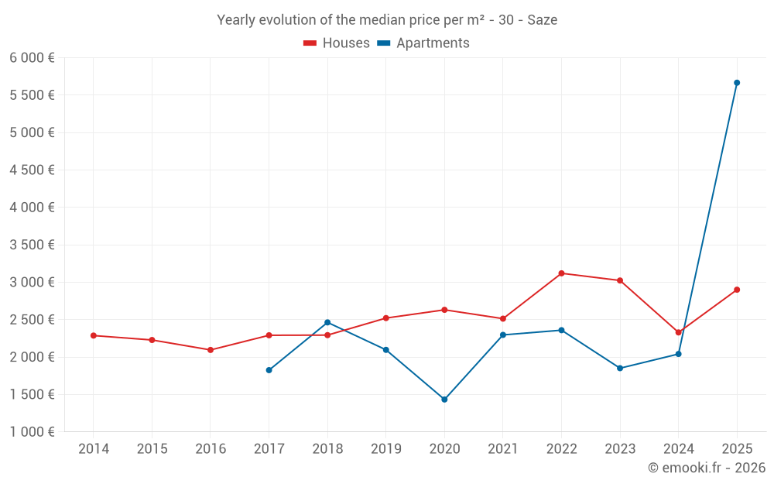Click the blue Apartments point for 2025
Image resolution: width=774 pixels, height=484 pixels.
coord(737,83)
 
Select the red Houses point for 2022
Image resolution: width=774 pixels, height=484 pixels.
coord(561,273)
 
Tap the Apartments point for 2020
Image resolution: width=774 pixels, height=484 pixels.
coord(444,400)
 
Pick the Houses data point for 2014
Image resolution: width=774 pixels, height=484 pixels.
coord(94,335)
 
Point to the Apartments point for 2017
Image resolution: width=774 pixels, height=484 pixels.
coord(269,370)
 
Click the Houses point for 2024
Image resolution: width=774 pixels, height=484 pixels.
coord(678,332)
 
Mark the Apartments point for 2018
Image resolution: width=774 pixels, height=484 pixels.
coord(327,322)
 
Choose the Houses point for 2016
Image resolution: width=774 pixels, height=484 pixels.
coord(211,350)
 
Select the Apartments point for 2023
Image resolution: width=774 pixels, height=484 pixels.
coord(620,368)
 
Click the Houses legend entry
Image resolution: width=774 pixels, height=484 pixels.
coord(337,43)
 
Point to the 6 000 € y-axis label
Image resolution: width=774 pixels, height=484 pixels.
coord(32,58)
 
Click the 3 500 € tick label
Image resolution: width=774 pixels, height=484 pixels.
coord(32,245)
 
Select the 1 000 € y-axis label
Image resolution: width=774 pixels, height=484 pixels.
coord(32,432)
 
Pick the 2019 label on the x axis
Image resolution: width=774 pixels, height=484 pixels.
coord(385,449)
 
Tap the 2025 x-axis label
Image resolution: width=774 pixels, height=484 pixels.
coord(737,449)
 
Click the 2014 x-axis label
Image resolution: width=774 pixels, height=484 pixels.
coord(94,449)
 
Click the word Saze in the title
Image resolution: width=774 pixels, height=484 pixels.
coord(542,20)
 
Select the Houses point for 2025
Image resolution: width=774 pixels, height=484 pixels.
coord(737,290)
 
